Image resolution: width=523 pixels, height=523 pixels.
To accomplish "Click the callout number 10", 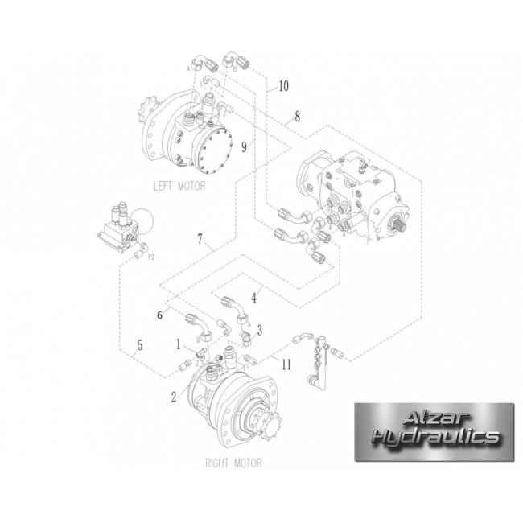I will click(282, 85).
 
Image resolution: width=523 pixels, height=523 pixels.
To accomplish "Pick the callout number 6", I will click(160, 315).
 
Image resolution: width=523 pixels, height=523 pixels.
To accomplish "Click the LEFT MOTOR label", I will click(180, 186).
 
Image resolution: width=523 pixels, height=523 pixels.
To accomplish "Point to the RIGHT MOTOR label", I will click(234, 463).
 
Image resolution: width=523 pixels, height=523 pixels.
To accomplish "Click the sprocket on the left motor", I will click(148, 111).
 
